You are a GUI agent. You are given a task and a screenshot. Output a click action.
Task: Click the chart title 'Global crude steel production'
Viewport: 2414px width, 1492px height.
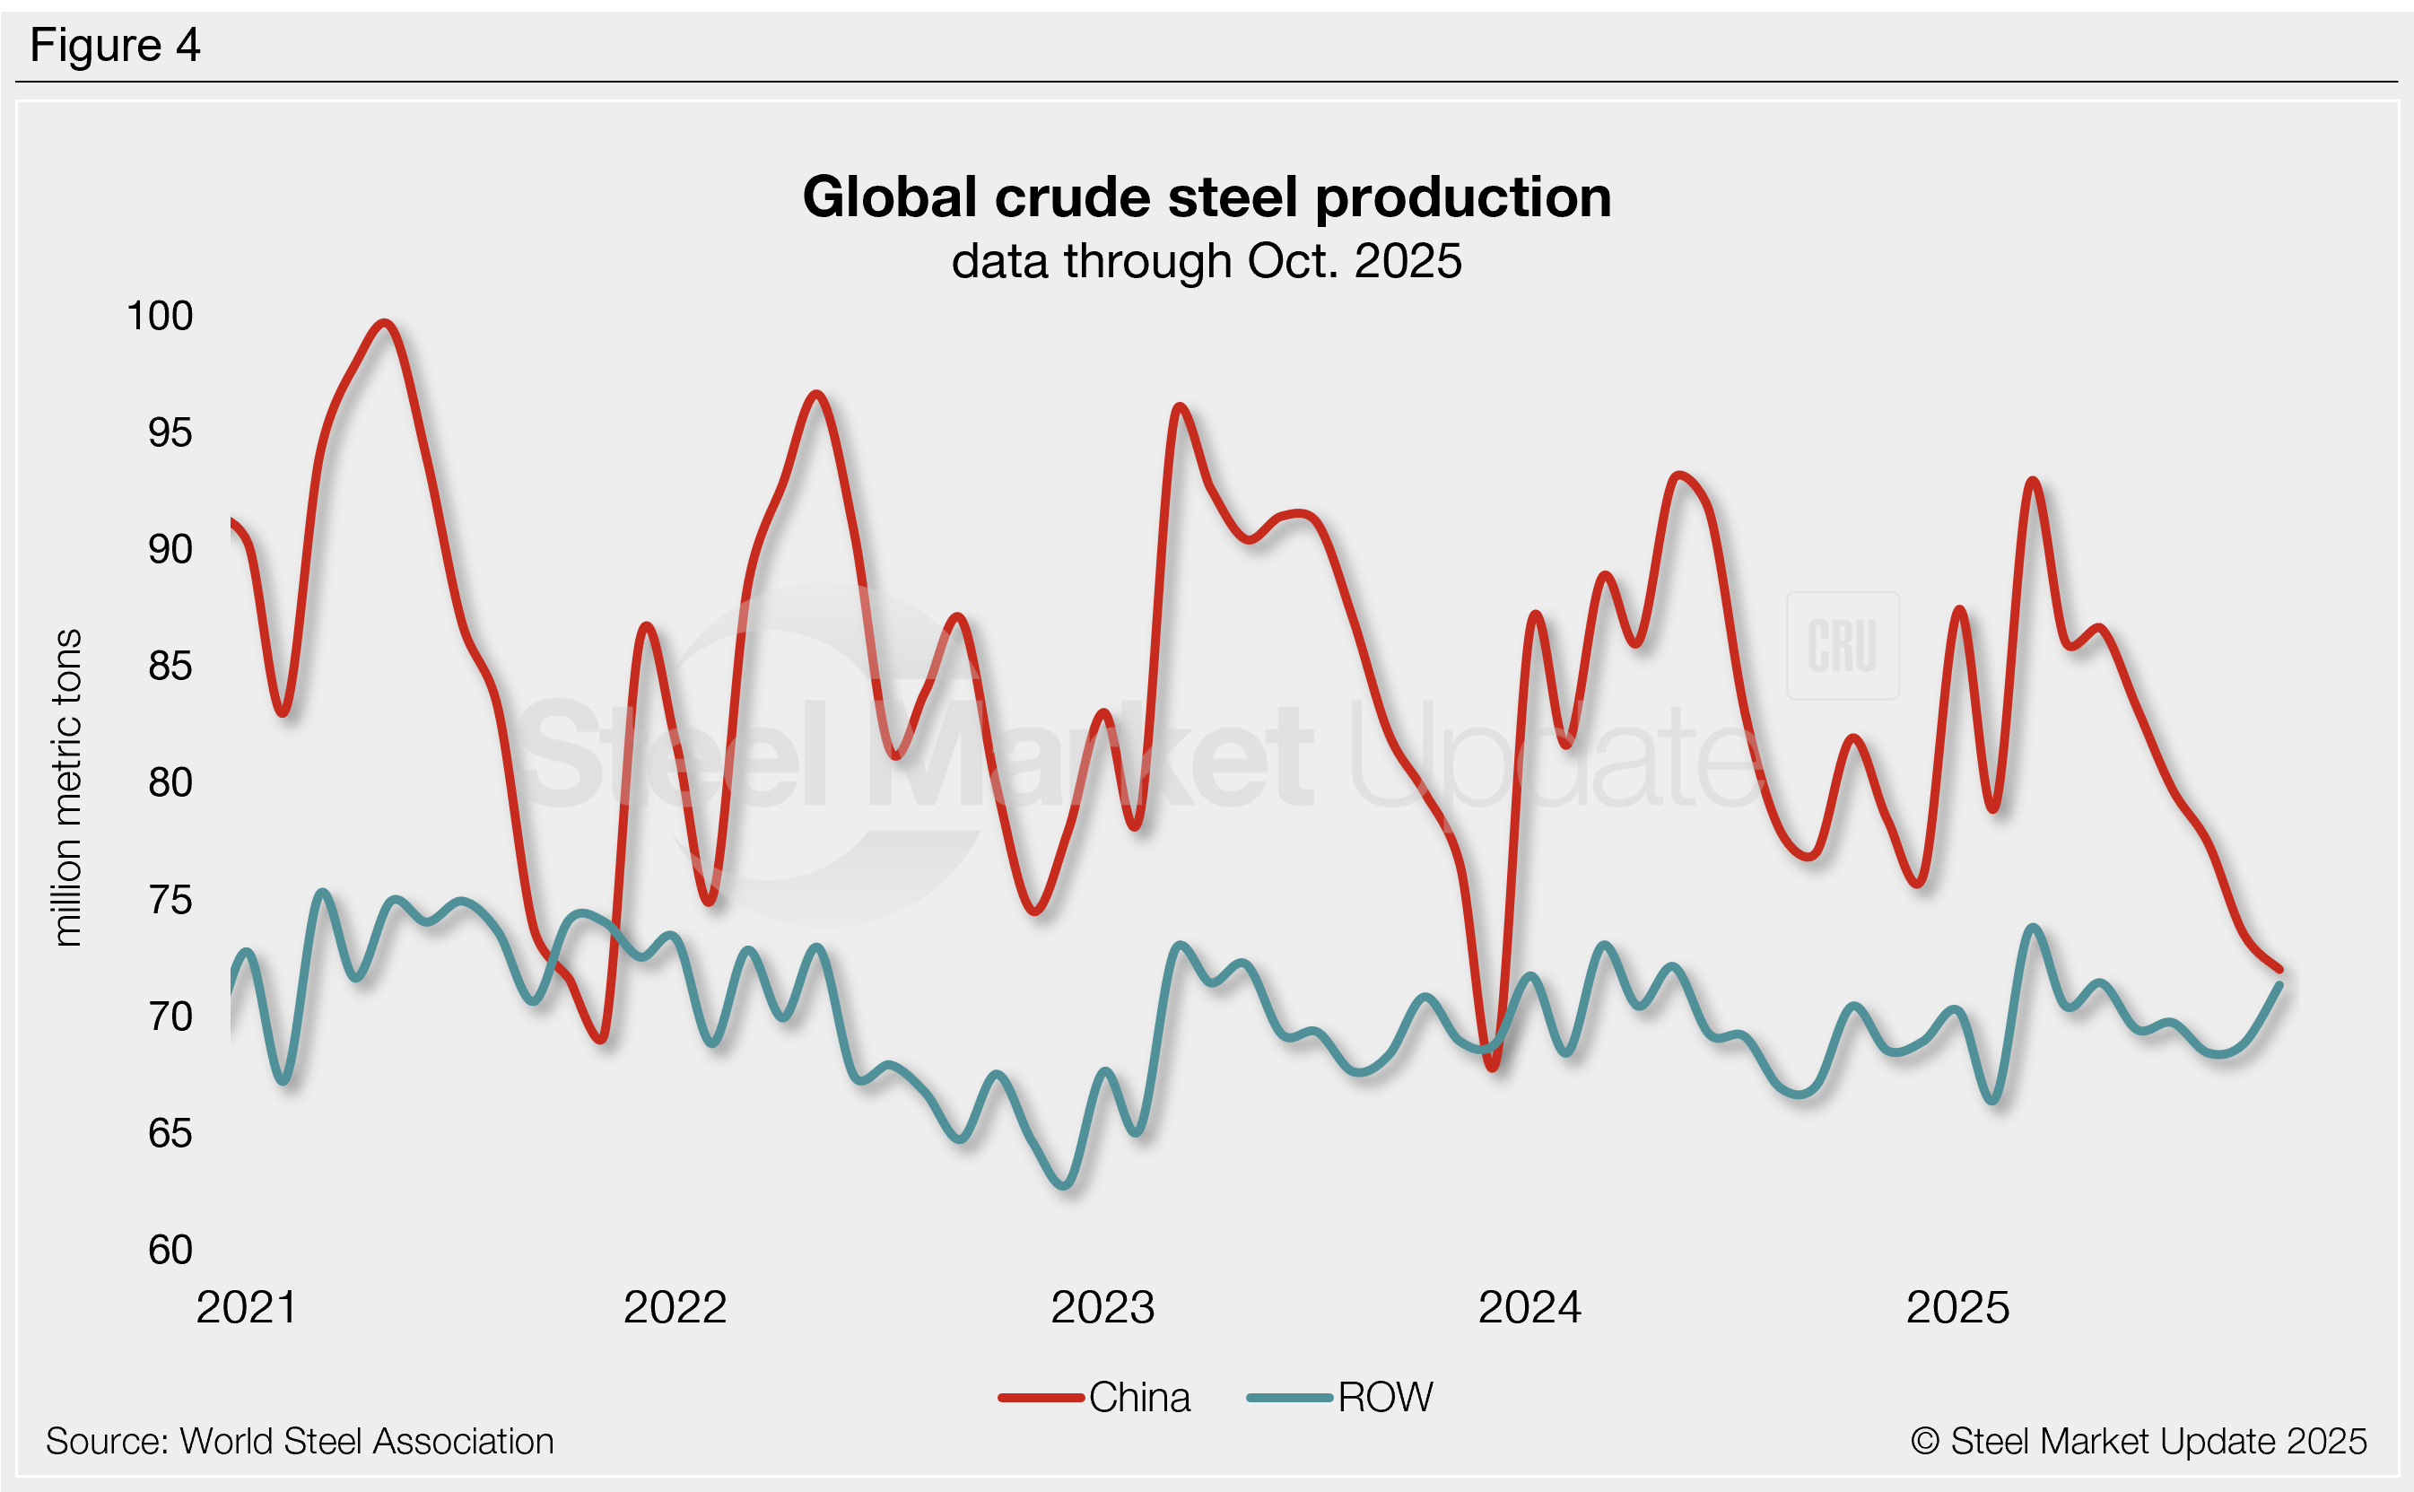[x=1207, y=197]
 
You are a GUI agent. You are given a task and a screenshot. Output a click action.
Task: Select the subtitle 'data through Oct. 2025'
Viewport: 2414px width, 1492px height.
[x=1207, y=261]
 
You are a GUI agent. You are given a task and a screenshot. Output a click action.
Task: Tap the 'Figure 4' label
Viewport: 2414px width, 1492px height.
[x=116, y=46]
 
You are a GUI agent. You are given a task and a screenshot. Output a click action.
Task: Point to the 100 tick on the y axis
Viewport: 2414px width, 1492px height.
[x=160, y=316]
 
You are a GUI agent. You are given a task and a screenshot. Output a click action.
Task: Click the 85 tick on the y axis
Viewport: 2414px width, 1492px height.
[x=170, y=666]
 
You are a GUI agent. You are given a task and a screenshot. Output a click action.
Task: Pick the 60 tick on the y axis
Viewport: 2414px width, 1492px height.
[x=170, y=1249]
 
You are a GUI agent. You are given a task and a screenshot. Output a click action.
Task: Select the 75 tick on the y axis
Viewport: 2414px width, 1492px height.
[x=170, y=900]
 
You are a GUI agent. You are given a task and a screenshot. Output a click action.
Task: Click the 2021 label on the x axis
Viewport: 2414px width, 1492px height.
[x=247, y=1307]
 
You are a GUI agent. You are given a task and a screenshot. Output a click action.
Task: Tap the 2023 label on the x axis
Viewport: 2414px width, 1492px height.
[x=1102, y=1307]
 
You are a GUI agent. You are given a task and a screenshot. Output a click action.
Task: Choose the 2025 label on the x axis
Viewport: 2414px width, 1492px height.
[x=1957, y=1307]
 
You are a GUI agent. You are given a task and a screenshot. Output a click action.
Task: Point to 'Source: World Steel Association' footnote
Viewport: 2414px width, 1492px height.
[x=300, y=1442]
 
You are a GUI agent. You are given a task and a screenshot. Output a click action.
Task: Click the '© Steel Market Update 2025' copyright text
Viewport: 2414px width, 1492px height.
[x=2138, y=1442]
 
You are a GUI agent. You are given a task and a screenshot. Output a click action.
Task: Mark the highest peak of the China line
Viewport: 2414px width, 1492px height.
[x=384, y=323]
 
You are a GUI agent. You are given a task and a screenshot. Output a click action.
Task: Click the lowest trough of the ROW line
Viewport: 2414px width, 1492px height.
[x=1066, y=1185]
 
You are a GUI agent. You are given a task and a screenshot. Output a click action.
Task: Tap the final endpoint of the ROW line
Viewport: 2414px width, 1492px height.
[x=2279, y=985]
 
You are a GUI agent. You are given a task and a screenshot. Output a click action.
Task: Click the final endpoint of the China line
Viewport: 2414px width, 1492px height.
[x=2279, y=970]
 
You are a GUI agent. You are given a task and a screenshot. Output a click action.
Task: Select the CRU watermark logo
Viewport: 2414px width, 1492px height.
[x=1842, y=646]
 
